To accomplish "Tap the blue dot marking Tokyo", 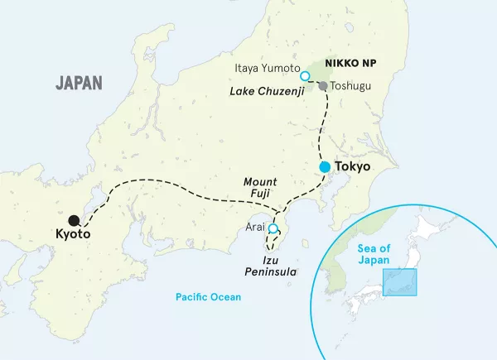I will [x=326, y=167].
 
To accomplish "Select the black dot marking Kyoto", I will [x=75, y=220].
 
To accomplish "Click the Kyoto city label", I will [x=73, y=235].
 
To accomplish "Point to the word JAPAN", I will [x=79, y=83].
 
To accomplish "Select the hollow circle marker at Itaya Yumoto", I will [x=305, y=76].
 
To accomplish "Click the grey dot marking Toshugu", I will [x=323, y=85].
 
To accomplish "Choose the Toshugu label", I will [x=350, y=85].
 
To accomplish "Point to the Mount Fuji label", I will [x=261, y=186].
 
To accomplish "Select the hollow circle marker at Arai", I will [x=273, y=230].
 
